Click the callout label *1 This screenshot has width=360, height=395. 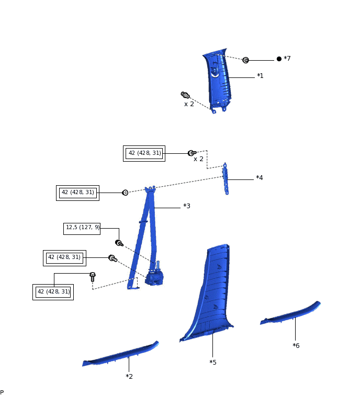point(260,76)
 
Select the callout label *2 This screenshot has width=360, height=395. point(129,376)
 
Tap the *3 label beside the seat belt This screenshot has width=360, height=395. point(186,206)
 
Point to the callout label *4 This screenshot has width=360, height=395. point(260,178)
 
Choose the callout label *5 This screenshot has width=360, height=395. point(212,362)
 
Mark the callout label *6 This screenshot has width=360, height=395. point(296,345)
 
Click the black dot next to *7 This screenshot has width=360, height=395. point(279,59)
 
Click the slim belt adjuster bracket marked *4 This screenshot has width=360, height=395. point(226,178)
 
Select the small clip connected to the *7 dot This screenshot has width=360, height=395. point(245,60)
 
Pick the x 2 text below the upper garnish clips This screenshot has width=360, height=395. point(189,104)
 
